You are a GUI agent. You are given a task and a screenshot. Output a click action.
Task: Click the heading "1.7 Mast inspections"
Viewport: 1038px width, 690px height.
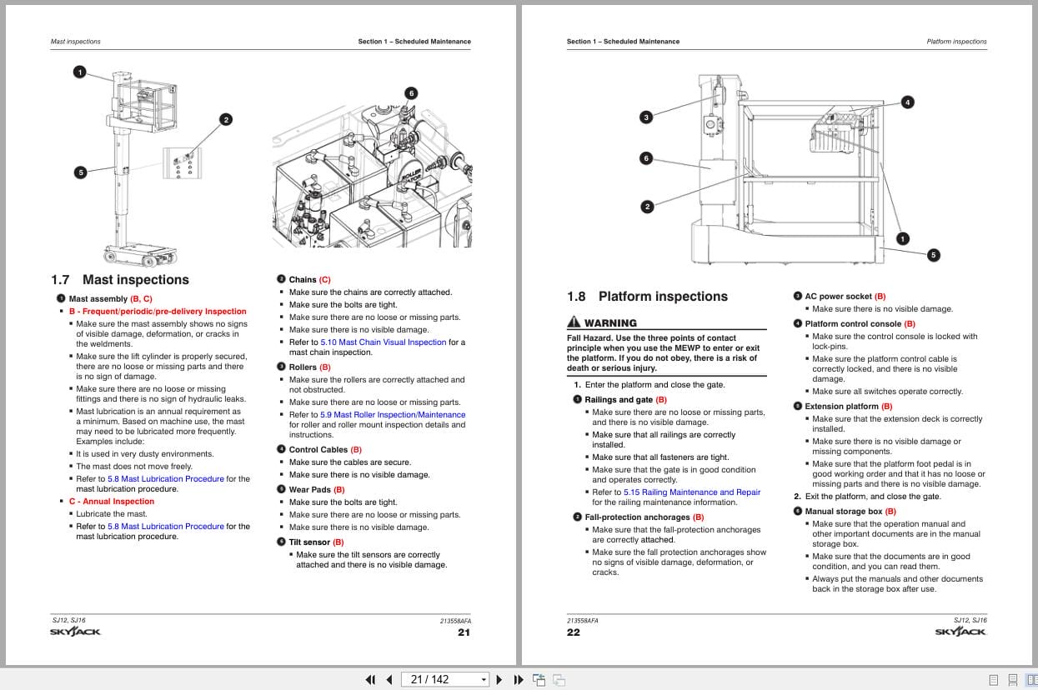pos(120,280)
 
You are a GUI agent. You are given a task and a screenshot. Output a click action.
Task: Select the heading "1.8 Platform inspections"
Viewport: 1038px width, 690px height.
pos(647,297)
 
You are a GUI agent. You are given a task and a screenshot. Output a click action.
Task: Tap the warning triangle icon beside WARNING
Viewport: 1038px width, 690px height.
pos(574,322)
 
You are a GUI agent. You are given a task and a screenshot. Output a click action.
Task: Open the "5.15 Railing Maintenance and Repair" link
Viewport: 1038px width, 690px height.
pos(691,492)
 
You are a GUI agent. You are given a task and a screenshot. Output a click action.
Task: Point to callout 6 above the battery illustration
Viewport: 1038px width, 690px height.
pos(411,93)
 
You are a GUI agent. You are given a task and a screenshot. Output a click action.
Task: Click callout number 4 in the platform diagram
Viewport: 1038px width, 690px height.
pos(907,102)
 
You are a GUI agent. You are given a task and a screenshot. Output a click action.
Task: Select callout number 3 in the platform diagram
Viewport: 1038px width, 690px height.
pos(645,117)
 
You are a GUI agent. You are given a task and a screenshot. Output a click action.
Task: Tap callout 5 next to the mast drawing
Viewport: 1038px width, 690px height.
pos(80,172)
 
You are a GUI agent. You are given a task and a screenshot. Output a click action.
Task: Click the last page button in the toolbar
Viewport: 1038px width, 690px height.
pos(518,679)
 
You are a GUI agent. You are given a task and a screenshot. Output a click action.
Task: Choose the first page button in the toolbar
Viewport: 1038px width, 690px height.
pos(370,679)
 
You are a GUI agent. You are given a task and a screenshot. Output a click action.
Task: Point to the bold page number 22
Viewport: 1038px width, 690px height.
pos(574,632)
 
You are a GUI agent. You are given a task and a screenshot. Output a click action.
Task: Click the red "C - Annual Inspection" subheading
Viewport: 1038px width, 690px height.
pos(111,502)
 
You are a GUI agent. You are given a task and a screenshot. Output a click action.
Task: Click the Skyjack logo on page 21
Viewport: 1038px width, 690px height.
pos(75,632)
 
